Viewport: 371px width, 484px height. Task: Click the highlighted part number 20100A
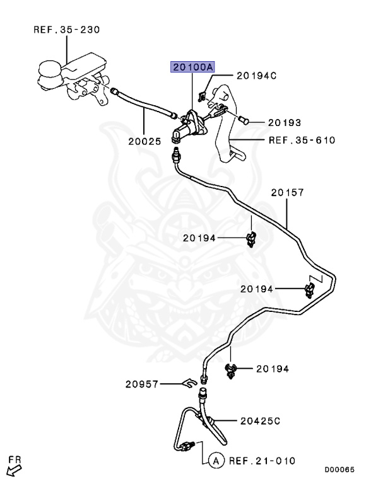[x=192, y=67]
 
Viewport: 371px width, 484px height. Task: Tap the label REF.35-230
[x=67, y=30]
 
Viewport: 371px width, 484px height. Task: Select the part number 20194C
[x=257, y=76]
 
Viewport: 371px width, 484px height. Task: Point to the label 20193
[x=285, y=123]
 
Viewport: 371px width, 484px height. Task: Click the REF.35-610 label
[x=302, y=141]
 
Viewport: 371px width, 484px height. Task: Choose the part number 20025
[x=144, y=141]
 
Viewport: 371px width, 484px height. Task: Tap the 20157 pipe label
[x=288, y=193]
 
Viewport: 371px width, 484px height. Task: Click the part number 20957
[x=141, y=384]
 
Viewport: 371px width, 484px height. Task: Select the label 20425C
[x=261, y=421]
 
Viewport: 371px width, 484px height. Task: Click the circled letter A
[x=216, y=461]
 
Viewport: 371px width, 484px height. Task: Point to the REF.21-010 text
[x=262, y=461]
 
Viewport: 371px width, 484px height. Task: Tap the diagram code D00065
[x=339, y=470]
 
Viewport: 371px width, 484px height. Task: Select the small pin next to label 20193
[x=244, y=120]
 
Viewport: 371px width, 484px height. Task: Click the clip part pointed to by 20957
[x=189, y=384]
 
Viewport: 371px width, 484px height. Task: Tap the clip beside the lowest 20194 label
[x=230, y=370]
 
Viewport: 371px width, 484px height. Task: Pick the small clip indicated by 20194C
[x=201, y=96]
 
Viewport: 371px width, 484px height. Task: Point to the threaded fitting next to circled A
[x=187, y=446]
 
